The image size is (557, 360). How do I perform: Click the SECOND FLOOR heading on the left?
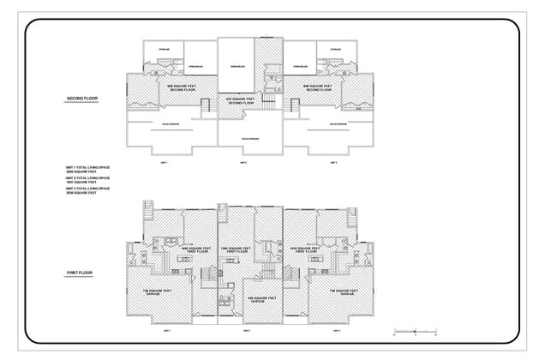point(82,99)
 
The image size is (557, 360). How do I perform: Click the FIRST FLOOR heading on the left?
point(80,273)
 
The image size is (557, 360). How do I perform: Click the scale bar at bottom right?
point(415,329)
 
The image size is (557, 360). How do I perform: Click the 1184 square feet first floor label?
point(236,250)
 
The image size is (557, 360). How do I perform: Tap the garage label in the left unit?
point(157,293)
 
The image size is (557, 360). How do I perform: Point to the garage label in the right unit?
point(343,293)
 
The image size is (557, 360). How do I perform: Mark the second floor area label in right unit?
point(318,87)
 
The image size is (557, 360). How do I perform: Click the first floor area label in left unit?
point(195,249)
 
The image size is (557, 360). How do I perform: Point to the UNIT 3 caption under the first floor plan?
point(335,330)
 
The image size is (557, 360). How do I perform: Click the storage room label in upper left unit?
point(165,49)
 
